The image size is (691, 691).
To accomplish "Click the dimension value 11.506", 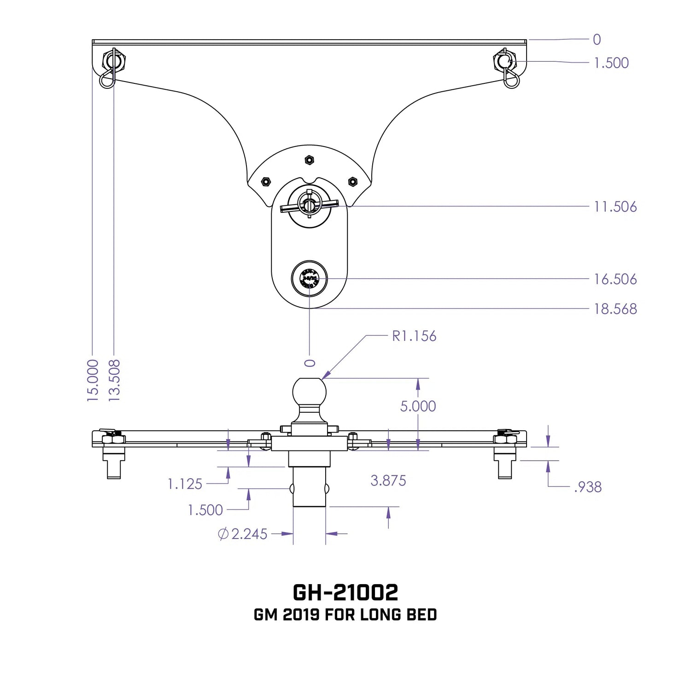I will tap(615, 207).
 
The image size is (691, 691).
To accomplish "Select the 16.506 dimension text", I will tap(615, 279).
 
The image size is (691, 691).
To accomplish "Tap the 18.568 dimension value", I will tap(615, 309).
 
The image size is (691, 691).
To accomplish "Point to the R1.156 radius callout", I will tap(414, 336).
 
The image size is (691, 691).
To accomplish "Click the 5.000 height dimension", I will tap(418, 406).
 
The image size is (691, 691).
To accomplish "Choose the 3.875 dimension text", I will tap(388, 481).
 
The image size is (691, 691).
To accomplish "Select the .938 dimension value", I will tap(588, 487).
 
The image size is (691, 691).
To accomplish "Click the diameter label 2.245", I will tap(249, 534).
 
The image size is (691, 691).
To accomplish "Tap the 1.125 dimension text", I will tap(185, 484).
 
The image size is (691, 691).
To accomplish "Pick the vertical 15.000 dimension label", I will tap(93, 381).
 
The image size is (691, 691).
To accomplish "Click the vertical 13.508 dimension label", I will tap(114, 381).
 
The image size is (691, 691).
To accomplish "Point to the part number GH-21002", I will tap(345, 592).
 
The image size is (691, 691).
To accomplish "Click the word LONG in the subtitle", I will tap(376, 615).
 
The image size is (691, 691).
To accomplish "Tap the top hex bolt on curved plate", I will tap(309, 160).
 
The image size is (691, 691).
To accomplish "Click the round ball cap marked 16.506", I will tap(309, 279).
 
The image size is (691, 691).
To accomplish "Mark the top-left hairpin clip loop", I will tap(106, 81).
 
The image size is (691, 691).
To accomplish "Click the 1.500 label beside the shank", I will tap(205, 510).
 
